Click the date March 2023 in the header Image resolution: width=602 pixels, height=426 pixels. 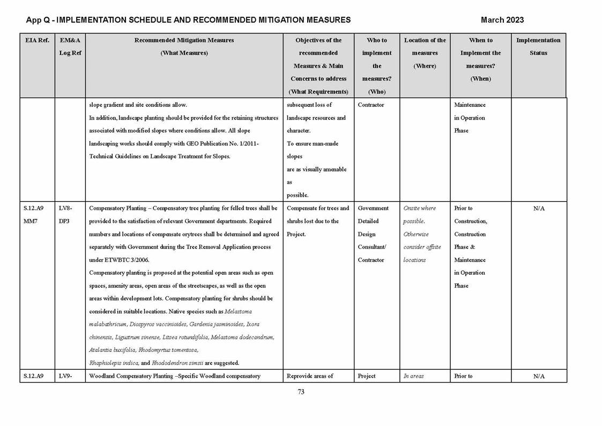502,20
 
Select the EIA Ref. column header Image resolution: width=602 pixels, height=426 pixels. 37,40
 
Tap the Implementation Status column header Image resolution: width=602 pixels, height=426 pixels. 538,47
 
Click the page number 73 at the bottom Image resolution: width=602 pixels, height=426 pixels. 301,392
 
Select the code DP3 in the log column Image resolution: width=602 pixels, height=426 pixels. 64,221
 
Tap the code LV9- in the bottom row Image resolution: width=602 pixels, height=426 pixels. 65,376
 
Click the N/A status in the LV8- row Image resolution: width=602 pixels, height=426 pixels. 539,209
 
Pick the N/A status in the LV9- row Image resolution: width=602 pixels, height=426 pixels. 539,377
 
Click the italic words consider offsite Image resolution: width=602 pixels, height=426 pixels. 422,247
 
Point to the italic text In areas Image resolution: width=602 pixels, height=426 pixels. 413,376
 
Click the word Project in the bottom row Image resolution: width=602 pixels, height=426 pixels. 367,376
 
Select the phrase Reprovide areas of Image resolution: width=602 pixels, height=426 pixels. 310,376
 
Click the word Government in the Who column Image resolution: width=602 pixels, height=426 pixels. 373,208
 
